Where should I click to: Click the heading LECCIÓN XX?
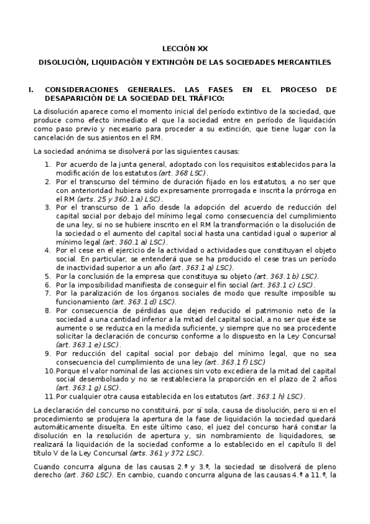(185, 48)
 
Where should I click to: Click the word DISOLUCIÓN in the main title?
(64, 62)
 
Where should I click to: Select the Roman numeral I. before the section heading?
(31, 90)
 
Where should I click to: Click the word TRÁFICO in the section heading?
(201, 98)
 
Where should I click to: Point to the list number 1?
(48, 164)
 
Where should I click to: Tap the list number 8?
(48, 310)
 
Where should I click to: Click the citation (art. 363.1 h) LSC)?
(272, 396)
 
